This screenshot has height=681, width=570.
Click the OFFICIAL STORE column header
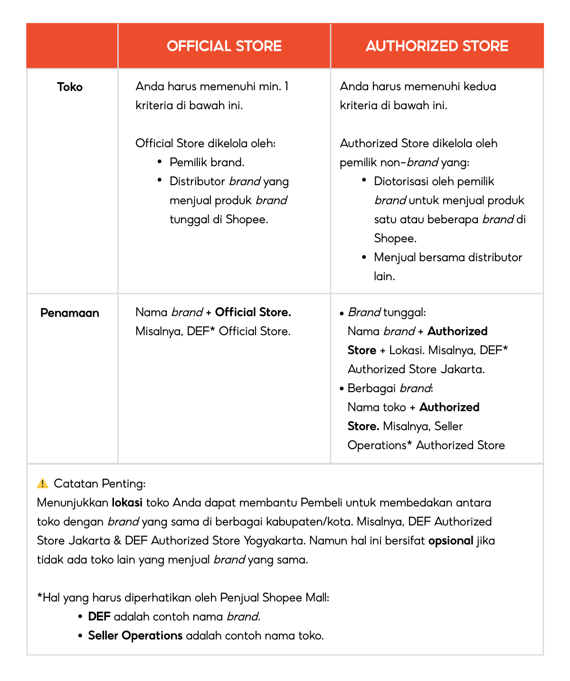click(x=224, y=46)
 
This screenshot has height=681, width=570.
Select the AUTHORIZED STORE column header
click(x=437, y=46)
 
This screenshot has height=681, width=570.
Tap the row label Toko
click(x=70, y=87)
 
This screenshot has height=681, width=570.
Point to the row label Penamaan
click(x=70, y=313)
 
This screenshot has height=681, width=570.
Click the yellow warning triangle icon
click(x=43, y=483)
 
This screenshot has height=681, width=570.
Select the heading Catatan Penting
click(x=100, y=483)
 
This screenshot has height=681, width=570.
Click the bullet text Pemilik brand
click(x=207, y=162)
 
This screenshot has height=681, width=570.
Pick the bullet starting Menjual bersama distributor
click(x=447, y=257)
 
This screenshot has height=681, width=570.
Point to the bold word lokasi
click(x=127, y=502)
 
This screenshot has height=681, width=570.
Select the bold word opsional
click(x=450, y=540)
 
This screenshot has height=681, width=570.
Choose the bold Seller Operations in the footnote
click(x=135, y=635)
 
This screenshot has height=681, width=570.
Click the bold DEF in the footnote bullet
click(x=99, y=616)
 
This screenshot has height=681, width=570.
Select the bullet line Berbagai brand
click(x=389, y=388)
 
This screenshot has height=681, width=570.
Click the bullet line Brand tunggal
click(x=387, y=312)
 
